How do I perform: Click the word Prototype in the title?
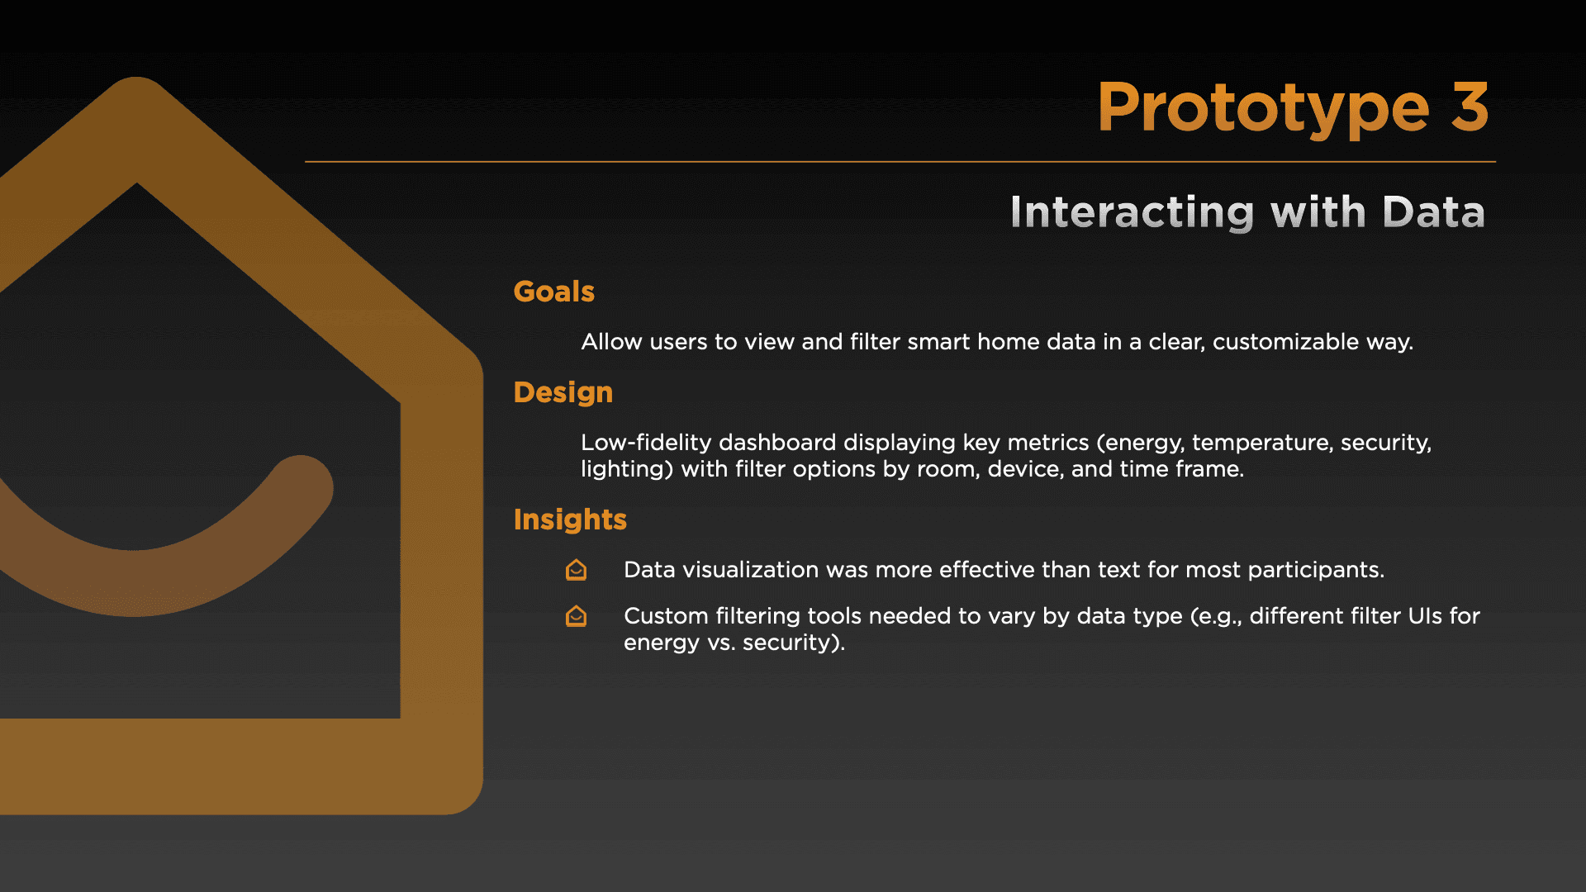(1263, 110)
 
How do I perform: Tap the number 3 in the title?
(1470, 107)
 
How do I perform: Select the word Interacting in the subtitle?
(1133, 212)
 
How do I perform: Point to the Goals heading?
(553, 292)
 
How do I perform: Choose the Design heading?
(563, 393)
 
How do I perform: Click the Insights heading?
(570, 520)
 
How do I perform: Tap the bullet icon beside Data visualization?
(576, 570)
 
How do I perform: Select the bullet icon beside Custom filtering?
(576, 616)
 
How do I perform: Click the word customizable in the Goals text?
(1285, 342)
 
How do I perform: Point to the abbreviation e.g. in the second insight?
(1215, 617)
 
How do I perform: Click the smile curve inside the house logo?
(135, 582)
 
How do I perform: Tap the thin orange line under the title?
(900, 162)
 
